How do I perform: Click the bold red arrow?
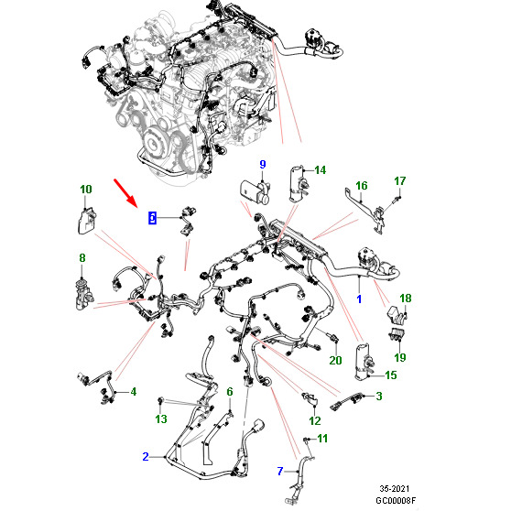(x=125, y=193)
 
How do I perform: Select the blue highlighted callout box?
(x=152, y=218)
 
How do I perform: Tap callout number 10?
(x=86, y=189)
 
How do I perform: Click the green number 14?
(x=321, y=170)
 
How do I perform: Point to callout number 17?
(x=400, y=181)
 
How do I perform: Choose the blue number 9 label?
(x=263, y=164)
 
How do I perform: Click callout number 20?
(x=335, y=360)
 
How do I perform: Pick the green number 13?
(x=161, y=419)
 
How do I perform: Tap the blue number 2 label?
(x=146, y=456)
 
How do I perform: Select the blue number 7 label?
(x=280, y=471)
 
